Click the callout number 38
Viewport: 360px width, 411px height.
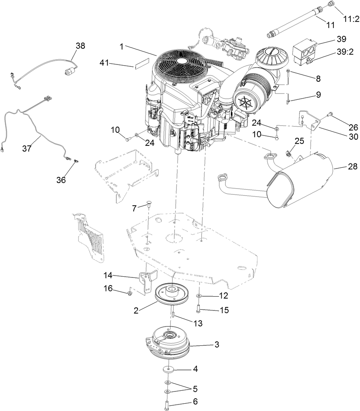[x=80, y=46]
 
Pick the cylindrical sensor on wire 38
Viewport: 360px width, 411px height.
[x=70, y=71]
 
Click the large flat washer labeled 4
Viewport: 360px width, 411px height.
[x=168, y=369]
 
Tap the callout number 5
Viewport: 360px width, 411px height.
[x=195, y=389]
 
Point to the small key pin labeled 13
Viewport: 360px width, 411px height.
[x=173, y=315]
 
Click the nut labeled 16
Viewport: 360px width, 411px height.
[x=129, y=293]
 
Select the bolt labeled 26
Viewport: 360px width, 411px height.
[x=329, y=114]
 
